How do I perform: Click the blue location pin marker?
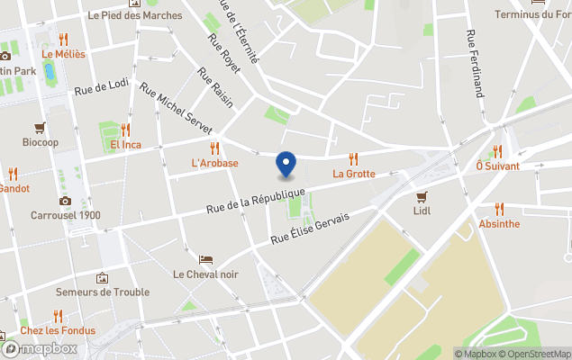click(286, 165)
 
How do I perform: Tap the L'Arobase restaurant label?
click(214, 163)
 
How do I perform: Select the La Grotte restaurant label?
click(353, 174)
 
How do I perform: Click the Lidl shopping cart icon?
click(421, 196)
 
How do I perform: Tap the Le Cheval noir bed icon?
click(205, 259)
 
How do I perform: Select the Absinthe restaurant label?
click(498, 223)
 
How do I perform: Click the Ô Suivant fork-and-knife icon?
click(497, 151)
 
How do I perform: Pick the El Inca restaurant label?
click(125, 145)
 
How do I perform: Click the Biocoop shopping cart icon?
click(40, 128)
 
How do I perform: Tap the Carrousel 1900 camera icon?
click(65, 201)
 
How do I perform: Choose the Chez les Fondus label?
click(58, 329)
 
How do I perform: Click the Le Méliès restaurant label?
click(63, 54)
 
